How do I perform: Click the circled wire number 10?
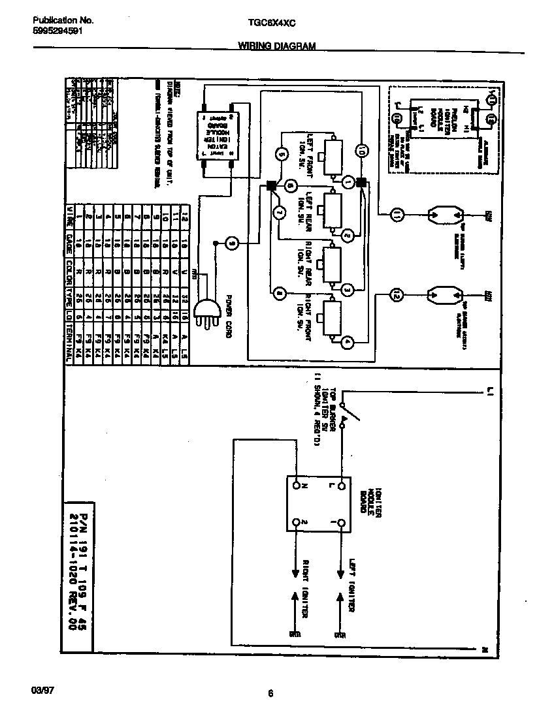pos(361,151)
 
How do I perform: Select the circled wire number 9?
pos(232,243)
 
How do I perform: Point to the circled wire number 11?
pos(396,213)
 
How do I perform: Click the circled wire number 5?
pos(282,155)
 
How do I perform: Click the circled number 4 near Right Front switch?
pos(348,341)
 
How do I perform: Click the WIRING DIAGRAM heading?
pos(276,46)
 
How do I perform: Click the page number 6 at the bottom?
pos(270,694)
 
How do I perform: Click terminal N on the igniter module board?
pos(296,486)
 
